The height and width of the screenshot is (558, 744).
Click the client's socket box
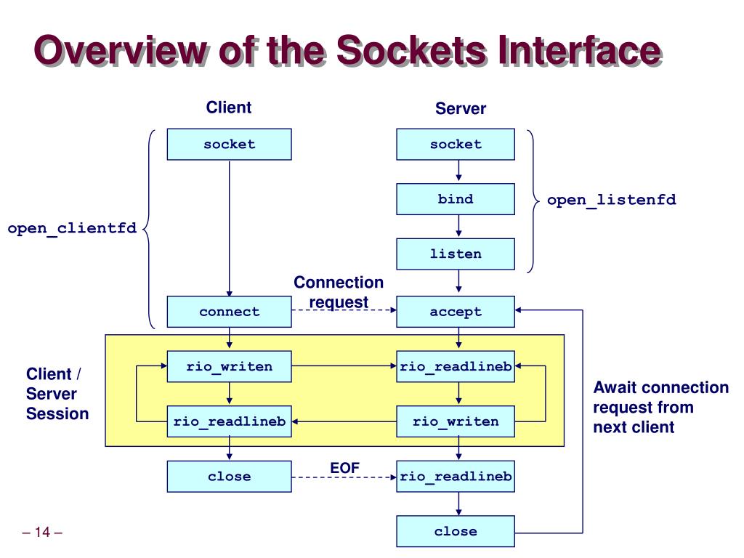(229, 145)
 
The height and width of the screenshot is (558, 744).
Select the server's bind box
(456, 199)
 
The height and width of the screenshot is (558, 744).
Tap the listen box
(456, 254)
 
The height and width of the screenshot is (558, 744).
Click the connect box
(229, 312)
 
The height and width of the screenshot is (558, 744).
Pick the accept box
(456, 312)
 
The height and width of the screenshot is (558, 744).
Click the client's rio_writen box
(229, 366)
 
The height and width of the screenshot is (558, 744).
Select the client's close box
(229, 477)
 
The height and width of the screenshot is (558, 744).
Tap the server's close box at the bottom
(456, 531)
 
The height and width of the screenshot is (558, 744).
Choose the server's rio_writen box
(456, 421)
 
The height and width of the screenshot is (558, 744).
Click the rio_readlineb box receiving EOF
(456, 477)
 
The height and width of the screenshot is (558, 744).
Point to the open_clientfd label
(72, 229)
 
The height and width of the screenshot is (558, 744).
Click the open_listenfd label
(612, 200)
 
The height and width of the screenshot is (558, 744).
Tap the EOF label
(344, 468)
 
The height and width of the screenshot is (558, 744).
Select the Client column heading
(229, 108)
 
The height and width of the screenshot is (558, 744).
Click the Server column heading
(461, 109)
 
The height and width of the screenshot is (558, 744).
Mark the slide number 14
(42, 532)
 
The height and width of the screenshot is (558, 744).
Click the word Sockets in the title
(412, 50)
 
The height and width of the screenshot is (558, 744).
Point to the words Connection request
(339, 292)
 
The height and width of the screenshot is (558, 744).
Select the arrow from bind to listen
(458, 226)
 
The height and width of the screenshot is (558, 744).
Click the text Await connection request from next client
(661, 407)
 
